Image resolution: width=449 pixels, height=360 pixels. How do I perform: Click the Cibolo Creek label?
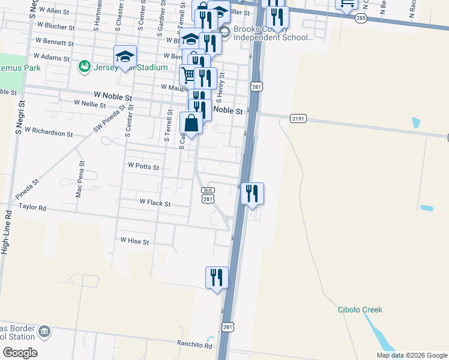[360, 310]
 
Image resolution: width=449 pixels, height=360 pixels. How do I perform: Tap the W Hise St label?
[134, 240]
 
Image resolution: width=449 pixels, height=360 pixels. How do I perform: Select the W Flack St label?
[155, 203]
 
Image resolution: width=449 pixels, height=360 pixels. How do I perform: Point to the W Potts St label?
[143, 166]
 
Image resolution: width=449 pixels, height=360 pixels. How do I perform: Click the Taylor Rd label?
[32, 206]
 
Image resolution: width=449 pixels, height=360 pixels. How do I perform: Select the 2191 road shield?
[298, 118]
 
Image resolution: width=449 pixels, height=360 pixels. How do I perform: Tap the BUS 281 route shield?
[208, 195]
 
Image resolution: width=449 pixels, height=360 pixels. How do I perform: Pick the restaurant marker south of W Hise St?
[217, 277]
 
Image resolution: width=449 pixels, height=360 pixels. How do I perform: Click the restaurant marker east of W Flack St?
[252, 193]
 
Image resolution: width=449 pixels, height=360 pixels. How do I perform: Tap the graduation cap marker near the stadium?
[125, 56]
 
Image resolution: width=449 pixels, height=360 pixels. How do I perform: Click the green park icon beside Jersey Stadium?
[84, 65]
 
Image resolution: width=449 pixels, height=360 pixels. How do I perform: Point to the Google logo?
[20, 352]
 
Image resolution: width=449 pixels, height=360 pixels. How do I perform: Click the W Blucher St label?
[55, 28]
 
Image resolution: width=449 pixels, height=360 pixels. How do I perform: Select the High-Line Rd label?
[6, 231]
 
